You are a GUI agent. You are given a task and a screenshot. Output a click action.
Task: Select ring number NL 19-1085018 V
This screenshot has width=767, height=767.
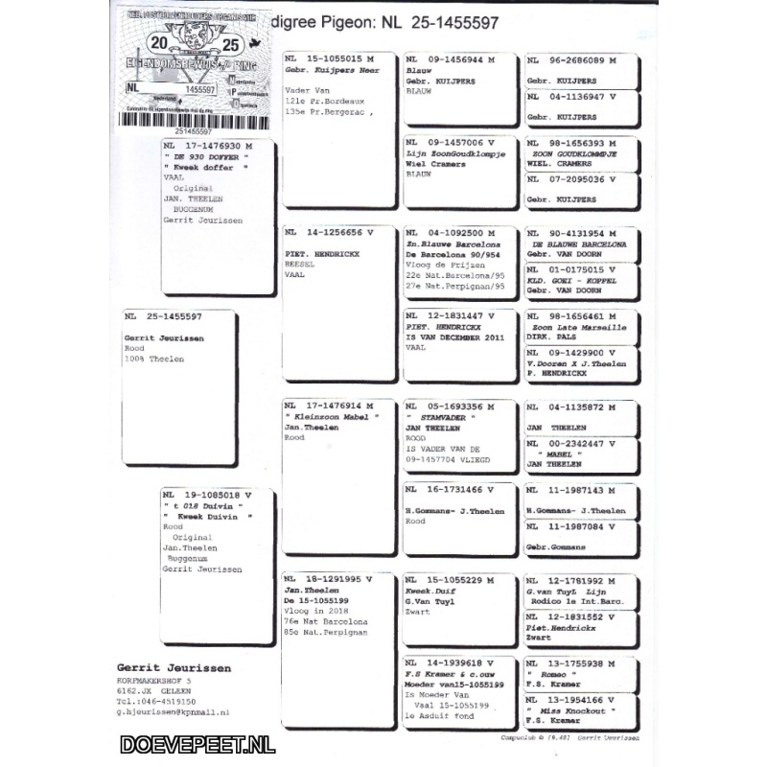tap(209, 496)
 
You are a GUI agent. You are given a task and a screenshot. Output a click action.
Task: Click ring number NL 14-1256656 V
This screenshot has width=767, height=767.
tap(331, 232)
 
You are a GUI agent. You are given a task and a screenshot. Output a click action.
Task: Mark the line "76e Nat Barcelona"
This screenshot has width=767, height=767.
tap(327, 621)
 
